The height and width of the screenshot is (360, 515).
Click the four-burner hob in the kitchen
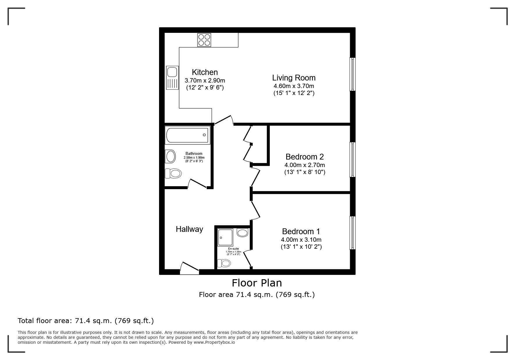point(204,40)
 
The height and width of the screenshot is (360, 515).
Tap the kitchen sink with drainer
point(172,78)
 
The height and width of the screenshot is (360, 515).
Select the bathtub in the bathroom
point(187,135)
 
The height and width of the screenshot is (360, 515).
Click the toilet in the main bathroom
point(173,173)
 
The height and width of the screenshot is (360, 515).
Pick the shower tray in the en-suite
point(225,237)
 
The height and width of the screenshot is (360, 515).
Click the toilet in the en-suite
point(224,263)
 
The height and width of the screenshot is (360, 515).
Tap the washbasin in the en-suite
point(242,232)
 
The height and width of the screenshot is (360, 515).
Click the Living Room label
point(294,78)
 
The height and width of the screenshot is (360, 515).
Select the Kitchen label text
point(205,72)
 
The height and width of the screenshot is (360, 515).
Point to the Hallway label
point(189,229)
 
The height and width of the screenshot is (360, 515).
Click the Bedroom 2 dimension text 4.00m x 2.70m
point(305,165)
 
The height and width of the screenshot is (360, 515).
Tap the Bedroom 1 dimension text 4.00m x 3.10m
point(301,240)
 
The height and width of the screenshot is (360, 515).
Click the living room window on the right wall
point(352,74)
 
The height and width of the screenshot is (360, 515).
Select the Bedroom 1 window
point(352,233)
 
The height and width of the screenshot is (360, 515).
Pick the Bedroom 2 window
point(352,160)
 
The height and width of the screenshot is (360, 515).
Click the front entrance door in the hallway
point(189,268)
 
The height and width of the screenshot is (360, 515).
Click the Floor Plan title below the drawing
point(257,283)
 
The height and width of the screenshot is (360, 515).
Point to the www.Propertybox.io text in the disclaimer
point(214,342)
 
